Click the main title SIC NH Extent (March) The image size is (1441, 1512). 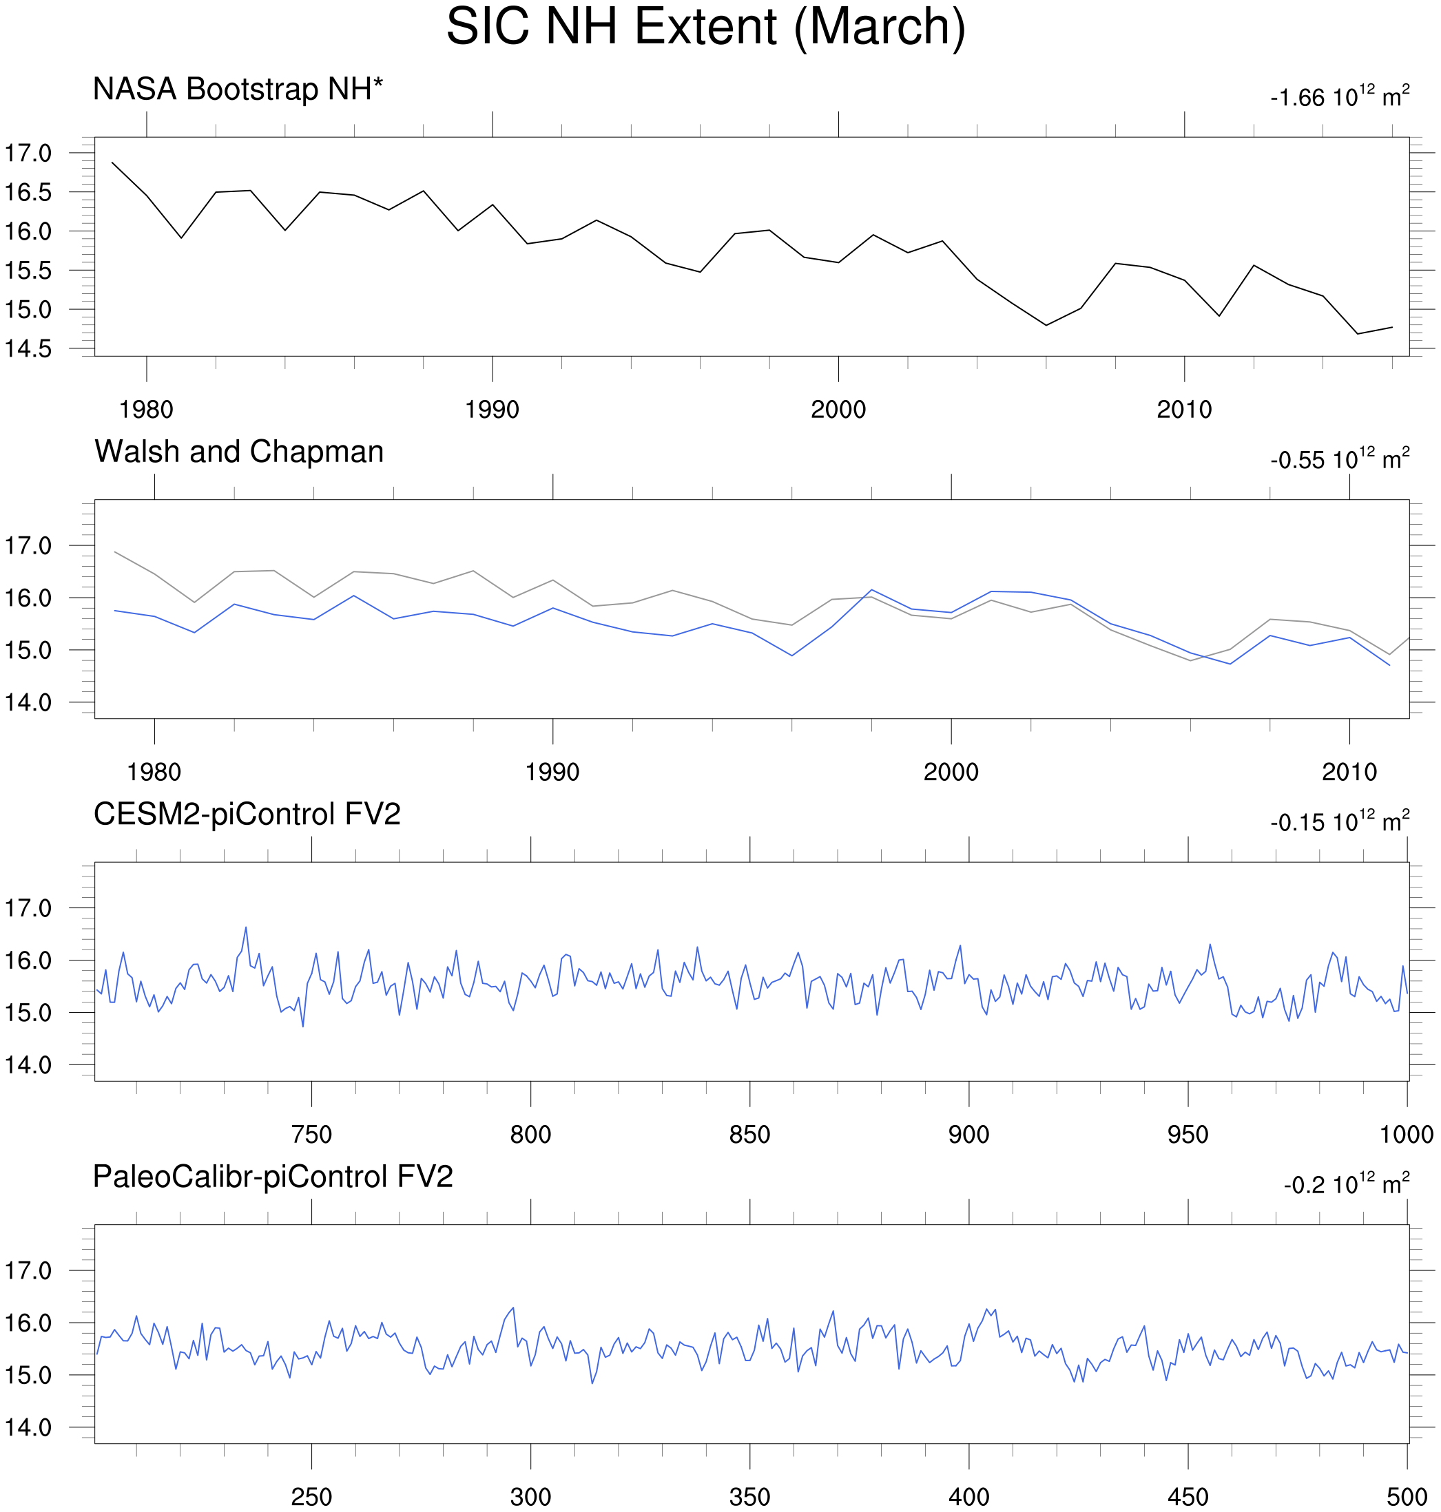[705, 28]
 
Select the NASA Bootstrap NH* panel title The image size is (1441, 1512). [238, 90]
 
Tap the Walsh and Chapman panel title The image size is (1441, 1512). [239, 452]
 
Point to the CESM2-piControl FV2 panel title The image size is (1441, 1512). [247, 815]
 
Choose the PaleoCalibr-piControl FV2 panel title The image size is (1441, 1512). [273, 1177]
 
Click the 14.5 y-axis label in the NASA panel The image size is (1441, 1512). [28, 349]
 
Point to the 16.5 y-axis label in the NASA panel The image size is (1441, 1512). [28, 193]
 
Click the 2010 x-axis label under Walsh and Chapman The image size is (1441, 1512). [1349, 773]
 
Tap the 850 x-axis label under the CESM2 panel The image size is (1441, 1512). [749, 1135]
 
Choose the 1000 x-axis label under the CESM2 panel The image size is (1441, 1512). [1407, 1135]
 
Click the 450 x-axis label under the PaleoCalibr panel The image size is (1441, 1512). [1188, 1498]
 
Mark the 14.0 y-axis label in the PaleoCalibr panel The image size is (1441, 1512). [28, 1428]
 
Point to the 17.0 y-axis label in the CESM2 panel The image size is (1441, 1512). [28, 909]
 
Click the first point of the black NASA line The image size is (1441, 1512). [112, 162]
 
